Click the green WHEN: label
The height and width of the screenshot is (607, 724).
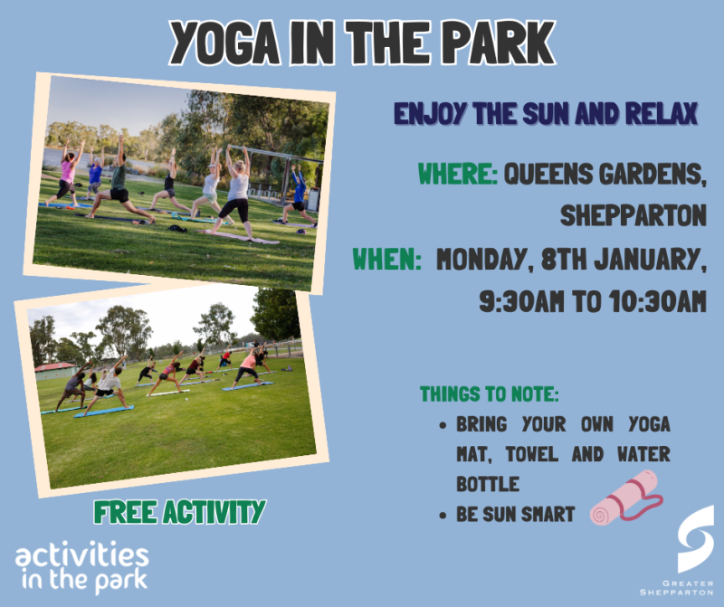click(387, 261)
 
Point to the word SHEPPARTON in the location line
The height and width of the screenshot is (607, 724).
click(633, 216)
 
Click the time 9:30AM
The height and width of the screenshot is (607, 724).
click(523, 303)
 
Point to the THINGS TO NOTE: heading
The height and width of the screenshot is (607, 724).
click(489, 394)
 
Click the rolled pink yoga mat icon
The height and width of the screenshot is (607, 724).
click(624, 498)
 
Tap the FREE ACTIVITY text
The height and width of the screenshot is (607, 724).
click(179, 512)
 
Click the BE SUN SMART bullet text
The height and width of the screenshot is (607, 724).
click(515, 515)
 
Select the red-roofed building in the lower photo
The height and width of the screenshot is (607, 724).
click(56, 370)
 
